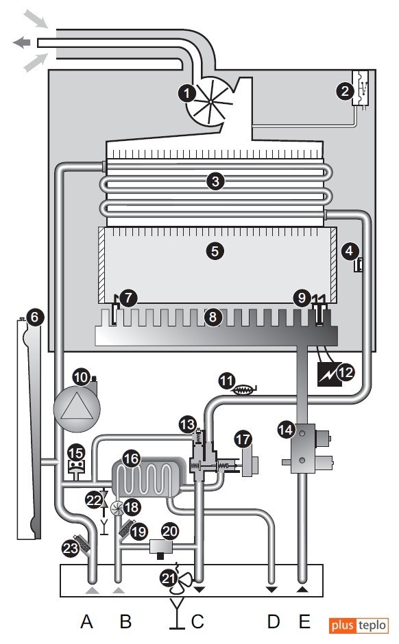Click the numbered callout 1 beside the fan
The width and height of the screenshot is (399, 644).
186,93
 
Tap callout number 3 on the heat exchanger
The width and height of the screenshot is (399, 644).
215,181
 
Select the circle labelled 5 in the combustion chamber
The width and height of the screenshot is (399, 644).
215,250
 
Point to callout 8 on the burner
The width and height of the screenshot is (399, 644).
213,317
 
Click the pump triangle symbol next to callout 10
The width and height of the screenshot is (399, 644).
77,409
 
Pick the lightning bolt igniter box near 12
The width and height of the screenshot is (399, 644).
330,374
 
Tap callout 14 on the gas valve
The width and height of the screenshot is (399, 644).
285,430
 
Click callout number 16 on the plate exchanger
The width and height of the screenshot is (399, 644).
132,459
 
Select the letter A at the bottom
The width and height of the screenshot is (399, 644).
86,621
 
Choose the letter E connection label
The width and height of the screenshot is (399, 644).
304,621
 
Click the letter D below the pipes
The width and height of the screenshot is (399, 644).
274,621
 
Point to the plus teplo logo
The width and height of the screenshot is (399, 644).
359,626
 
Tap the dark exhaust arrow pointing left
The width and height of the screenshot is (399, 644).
22,42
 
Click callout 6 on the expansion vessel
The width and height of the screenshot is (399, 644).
34,317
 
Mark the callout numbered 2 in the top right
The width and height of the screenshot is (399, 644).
345,91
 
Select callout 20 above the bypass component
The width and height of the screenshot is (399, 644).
170,532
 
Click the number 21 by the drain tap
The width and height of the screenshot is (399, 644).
169,578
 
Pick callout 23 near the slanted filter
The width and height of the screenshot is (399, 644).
71,548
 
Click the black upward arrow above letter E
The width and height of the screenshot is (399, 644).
302,590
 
